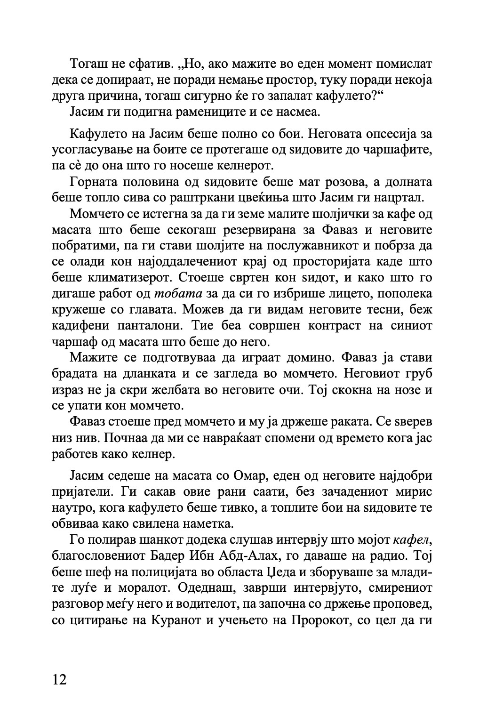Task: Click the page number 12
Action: point(60,679)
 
